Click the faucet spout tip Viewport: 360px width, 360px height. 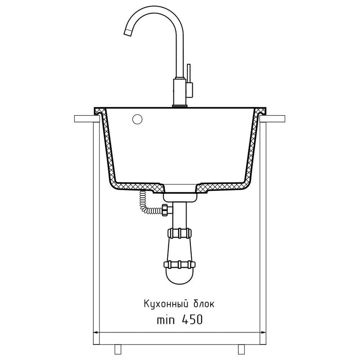click(x=128, y=33)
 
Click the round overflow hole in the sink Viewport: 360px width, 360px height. click(x=137, y=119)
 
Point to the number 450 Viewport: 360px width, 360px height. click(x=192, y=319)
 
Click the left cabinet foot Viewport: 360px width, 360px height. click(x=118, y=349)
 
